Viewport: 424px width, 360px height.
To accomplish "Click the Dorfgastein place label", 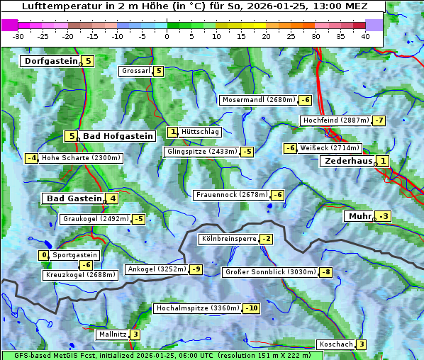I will click(50, 61).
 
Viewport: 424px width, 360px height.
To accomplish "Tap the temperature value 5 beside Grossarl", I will click(159, 71).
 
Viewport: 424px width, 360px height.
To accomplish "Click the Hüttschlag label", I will click(201, 132).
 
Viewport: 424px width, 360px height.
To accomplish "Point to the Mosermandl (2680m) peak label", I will click(258, 100).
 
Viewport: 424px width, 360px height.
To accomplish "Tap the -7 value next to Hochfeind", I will click(379, 120).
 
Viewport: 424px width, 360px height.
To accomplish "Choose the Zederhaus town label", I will click(348, 162).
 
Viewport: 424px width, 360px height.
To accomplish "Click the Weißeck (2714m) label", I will click(330, 148).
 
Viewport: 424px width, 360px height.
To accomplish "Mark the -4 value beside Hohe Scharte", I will click(31, 158).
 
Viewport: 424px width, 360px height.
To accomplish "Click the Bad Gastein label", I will click(74, 198).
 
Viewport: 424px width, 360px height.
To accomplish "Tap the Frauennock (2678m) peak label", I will click(231, 195).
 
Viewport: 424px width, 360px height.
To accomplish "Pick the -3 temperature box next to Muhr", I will click(384, 216).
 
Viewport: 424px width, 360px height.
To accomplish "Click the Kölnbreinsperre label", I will click(228, 239).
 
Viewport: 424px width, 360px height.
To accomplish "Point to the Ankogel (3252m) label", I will click(156, 269).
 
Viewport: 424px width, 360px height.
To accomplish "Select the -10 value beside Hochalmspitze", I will click(251, 308).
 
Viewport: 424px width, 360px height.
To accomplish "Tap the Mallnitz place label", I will click(113, 334).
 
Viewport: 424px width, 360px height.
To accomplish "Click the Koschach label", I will click(335, 344).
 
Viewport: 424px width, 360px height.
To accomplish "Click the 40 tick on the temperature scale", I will click(365, 35).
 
